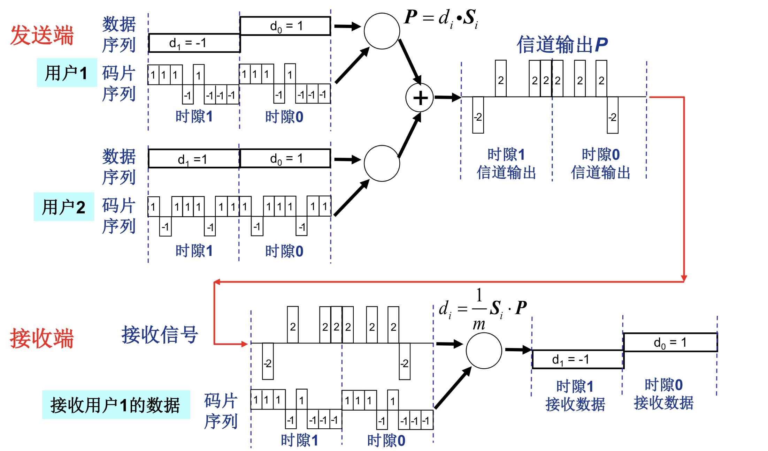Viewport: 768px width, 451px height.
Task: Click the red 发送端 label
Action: coord(42,36)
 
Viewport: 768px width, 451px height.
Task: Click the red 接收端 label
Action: coord(42,338)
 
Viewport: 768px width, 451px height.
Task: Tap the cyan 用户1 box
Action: coord(67,73)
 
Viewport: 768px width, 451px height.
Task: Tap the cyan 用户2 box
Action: coord(64,206)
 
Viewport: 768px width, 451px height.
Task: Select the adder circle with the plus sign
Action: coord(420,98)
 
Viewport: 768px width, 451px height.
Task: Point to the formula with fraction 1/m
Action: coord(483,309)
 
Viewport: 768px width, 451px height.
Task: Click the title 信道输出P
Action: coord(562,45)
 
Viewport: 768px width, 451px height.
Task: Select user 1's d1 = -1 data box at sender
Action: coord(194,43)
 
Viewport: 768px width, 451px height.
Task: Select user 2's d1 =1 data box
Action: coord(194,159)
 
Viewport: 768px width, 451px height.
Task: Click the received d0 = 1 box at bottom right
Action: coord(670,342)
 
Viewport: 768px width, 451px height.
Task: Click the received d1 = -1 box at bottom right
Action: coord(577,359)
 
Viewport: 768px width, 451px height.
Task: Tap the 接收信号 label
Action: coord(160,335)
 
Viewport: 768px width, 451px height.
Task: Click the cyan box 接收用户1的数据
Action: coord(116,405)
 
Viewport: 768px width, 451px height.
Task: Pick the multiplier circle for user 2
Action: coord(382,163)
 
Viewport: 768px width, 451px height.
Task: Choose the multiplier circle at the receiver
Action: coord(484,351)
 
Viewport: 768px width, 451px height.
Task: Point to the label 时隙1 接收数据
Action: coord(575,396)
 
